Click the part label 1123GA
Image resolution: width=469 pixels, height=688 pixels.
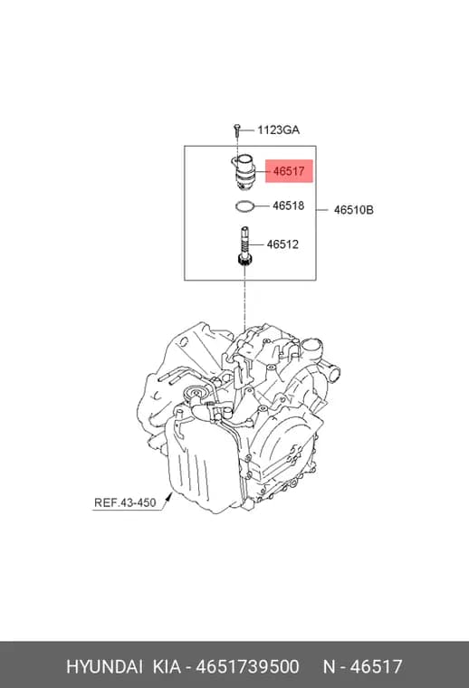[x=278, y=129]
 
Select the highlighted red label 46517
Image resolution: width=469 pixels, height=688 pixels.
[x=289, y=171]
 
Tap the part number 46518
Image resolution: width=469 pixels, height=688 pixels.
[x=288, y=205]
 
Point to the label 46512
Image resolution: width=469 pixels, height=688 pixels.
[x=282, y=244]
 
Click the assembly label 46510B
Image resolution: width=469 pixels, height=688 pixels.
[x=354, y=210]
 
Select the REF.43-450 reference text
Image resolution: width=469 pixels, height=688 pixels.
[x=125, y=502]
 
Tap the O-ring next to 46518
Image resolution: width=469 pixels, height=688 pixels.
[x=245, y=206]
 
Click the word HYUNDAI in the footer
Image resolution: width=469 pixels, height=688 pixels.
[x=104, y=666]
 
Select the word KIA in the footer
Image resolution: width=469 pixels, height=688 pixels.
[x=167, y=666]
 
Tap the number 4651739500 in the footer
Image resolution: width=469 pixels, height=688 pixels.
[x=247, y=666]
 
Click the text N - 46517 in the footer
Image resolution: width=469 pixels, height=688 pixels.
[x=362, y=666]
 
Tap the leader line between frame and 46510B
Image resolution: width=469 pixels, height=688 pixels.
[x=322, y=210]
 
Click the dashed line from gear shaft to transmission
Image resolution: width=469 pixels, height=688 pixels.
[x=244, y=299]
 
